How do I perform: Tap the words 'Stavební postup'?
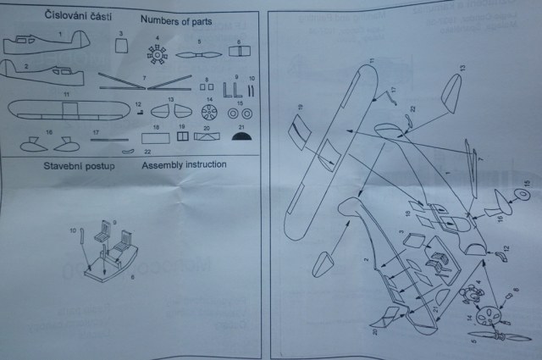[x=79, y=165]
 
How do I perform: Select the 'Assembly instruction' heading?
[x=184, y=164]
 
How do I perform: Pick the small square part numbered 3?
[x=123, y=47]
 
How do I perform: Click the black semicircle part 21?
[x=240, y=132]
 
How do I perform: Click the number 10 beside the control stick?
[x=73, y=230]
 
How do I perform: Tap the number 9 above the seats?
[x=114, y=221]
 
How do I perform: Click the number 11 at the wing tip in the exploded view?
[x=372, y=60]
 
